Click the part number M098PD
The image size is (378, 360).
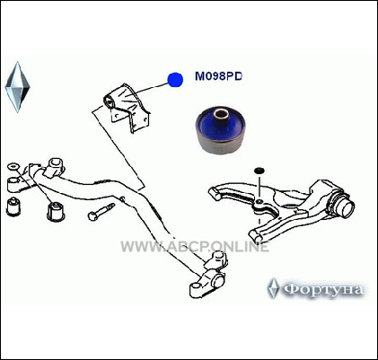pyautogui.click(x=218, y=76)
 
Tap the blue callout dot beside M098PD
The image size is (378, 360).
pyautogui.click(x=175, y=80)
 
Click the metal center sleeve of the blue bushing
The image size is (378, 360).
pyautogui.click(x=220, y=115)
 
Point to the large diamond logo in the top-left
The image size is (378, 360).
pyautogui.click(x=18, y=87)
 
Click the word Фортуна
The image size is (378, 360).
pyautogui.click(x=323, y=289)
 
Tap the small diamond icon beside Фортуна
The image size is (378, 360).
pyautogui.click(x=273, y=288)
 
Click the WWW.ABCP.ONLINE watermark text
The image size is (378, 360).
pyautogui.click(x=195, y=247)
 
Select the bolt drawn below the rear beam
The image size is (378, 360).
pyautogui.click(x=101, y=211)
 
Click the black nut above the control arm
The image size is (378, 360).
pyautogui.click(x=259, y=171)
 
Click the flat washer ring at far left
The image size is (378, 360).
pyautogui.click(x=13, y=166)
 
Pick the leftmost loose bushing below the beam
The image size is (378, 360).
pyautogui.click(x=13, y=206)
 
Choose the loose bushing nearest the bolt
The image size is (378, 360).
pyautogui.click(x=56, y=211)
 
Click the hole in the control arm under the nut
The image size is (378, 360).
pyautogui.click(x=259, y=201)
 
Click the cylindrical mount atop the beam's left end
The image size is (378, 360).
pyautogui.click(x=56, y=165)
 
